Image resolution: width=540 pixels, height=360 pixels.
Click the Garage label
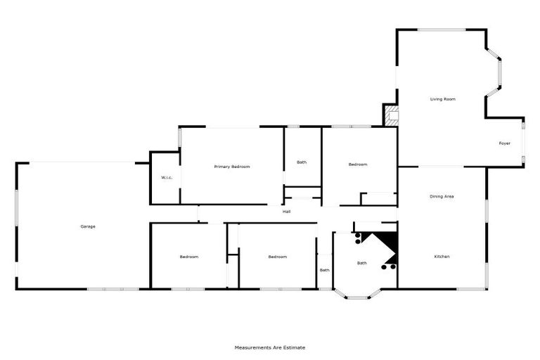[88, 226]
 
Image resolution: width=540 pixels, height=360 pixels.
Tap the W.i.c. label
[167, 177]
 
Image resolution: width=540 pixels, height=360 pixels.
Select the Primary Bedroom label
[232, 167]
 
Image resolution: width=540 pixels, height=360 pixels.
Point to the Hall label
[287, 211]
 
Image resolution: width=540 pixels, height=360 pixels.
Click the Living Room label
[443, 99]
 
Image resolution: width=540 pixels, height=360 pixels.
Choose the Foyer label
[504, 143]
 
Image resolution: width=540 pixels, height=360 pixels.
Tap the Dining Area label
[442, 196]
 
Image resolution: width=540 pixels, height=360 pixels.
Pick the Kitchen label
[442, 257]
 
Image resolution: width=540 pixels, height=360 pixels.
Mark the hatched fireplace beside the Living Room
[391, 115]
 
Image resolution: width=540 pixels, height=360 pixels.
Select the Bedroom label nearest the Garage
[188, 257]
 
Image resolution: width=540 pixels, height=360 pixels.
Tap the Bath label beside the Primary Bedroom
[302, 162]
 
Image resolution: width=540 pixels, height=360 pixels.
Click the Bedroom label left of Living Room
[358, 165]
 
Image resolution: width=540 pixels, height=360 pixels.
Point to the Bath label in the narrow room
[325, 270]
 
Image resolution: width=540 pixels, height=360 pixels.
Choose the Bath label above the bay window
[361, 263]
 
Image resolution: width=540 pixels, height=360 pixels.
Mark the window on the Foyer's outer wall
[524, 143]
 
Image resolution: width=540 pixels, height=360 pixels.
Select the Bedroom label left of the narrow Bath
[278, 257]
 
